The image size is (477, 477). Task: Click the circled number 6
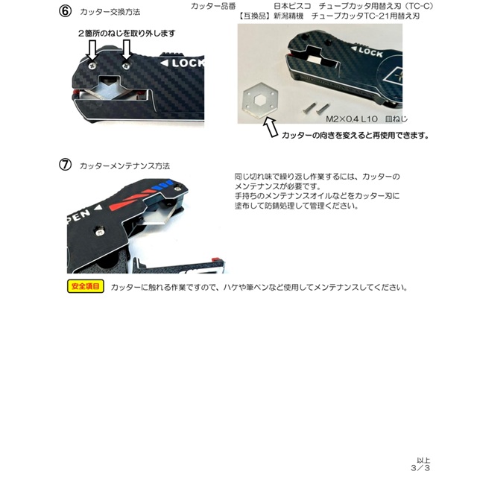(x=65, y=11)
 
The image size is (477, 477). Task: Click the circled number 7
(x=65, y=165)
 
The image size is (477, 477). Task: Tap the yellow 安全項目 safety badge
(x=86, y=286)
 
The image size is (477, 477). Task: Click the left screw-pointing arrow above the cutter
(x=92, y=50)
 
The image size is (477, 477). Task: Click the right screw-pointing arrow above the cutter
(x=126, y=50)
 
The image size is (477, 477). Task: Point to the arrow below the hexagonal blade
(x=271, y=127)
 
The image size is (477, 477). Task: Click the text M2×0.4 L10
(x=352, y=119)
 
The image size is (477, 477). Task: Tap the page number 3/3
(x=420, y=467)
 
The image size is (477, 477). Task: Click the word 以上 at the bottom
(x=423, y=461)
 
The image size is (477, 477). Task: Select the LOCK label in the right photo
(x=367, y=51)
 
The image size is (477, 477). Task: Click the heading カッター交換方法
(x=110, y=12)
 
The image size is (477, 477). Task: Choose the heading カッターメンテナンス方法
(x=124, y=166)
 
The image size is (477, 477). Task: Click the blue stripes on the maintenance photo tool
(x=162, y=185)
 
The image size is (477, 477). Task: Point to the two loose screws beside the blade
(x=316, y=109)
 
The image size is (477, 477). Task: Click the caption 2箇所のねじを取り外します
(x=127, y=33)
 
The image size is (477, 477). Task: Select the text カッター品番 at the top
(x=213, y=6)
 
